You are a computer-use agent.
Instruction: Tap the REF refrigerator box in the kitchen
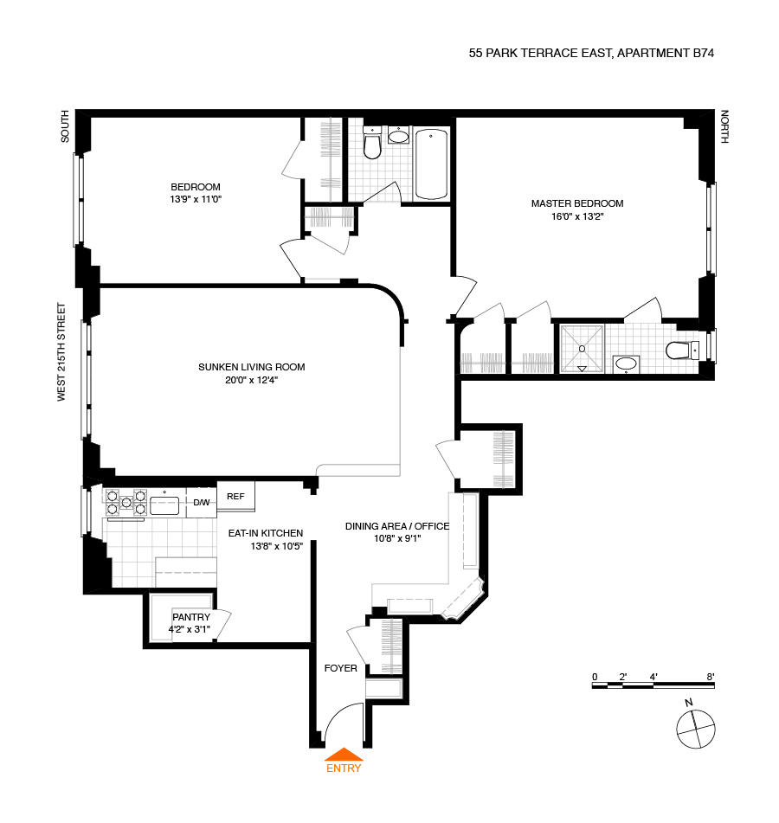pyautogui.click(x=236, y=496)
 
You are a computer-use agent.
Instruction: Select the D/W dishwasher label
pyautogui.click(x=201, y=502)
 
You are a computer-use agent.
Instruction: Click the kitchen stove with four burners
pyautogui.click(x=126, y=502)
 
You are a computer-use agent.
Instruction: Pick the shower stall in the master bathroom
pyautogui.click(x=583, y=349)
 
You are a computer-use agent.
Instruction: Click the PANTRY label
pyautogui.click(x=190, y=617)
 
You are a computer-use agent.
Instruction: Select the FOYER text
pyautogui.click(x=340, y=668)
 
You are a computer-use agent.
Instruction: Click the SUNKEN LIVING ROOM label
pyautogui.click(x=251, y=367)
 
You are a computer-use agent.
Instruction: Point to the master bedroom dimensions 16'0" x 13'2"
pyautogui.click(x=576, y=216)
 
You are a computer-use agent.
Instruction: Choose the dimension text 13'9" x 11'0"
pyautogui.click(x=195, y=199)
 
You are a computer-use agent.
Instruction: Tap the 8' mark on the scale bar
pyautogui.click(x=710, y=676)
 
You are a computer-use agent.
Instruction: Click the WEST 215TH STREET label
pyautogui.click(x=61, y=351)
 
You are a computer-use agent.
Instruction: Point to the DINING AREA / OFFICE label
pyautogui.click(x=397, y=526)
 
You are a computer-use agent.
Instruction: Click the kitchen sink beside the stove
pyautogui.click(x=164, y=503)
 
